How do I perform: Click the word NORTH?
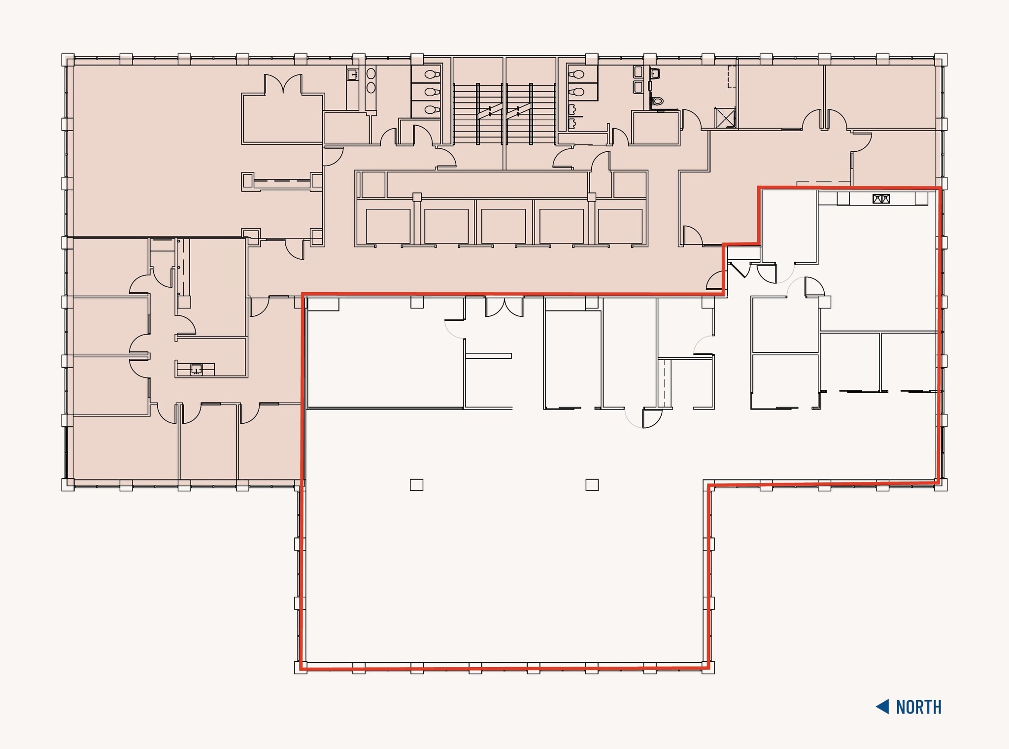coord(918,707)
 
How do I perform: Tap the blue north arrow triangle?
coord(883,707)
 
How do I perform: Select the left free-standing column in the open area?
coord(416,485)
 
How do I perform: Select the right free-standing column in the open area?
coord(592,485)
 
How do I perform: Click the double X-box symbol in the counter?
coord(881,199)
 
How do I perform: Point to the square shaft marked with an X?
coord(725,118)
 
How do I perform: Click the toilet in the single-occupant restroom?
coord(657,102)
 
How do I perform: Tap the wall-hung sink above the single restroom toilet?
coord(655,74)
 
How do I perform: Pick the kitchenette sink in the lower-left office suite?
coord(196,369)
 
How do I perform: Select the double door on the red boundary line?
coord(504,306)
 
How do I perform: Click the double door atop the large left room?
coord(283,84)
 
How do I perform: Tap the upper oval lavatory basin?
coord(371,73)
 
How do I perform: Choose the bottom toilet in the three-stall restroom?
coord(432,109)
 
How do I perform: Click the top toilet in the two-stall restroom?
coord(578,75)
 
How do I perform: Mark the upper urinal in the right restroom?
coord(572,109)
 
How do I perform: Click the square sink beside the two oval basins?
coord(352,75)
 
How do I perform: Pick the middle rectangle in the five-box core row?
coord(504,226)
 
